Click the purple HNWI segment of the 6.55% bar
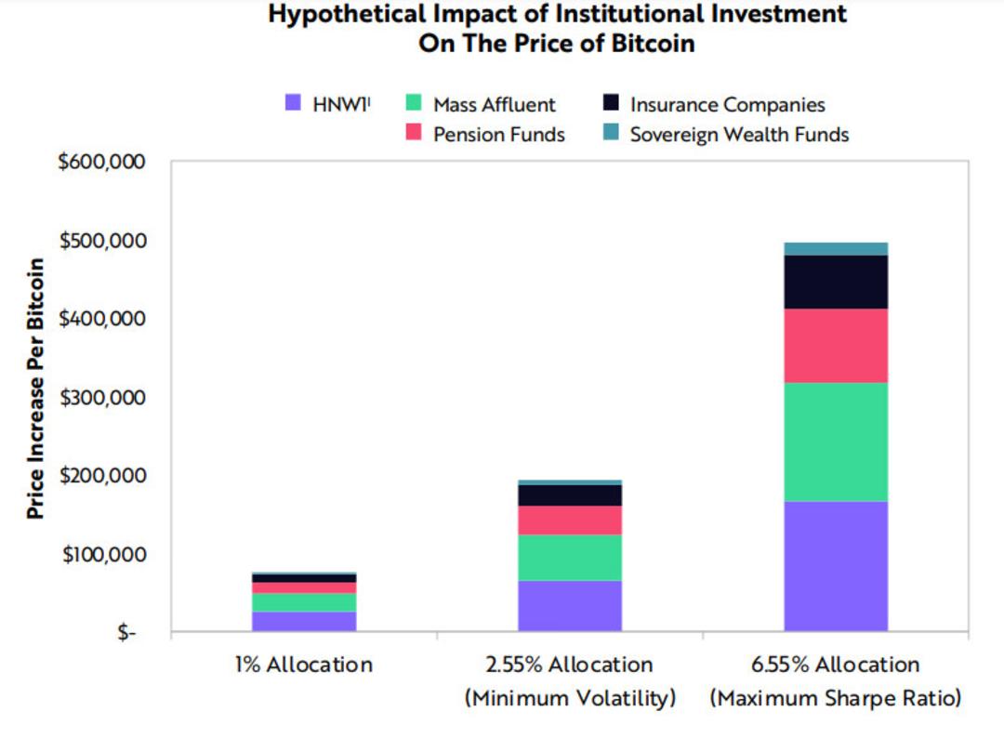[x=836, y=566]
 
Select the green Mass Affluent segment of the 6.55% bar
[x=836, y=441]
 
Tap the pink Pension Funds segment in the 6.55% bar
[x=836, y=346]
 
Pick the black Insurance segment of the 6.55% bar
[x=836, y=283]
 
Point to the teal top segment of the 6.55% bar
[x=836, y=249]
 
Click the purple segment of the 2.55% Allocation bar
[x=570, y=605]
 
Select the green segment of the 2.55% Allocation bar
[x=570, y=558]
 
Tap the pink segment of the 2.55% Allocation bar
[x=570, y=521]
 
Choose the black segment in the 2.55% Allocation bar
[x=570, y=495]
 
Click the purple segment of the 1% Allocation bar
[x=304, y=622]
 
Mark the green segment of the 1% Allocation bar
[x=304, y=602]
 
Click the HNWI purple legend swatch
[x=293, y=102]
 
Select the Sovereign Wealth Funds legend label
[x=739, y=135]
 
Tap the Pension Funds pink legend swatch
[x=414, y=133]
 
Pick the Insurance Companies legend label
[x=727, y=104]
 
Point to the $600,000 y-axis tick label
[x=102, y=162]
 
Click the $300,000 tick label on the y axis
[x=102, y=398]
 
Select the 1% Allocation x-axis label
[x=303, y=665]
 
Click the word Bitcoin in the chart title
[x=654, y=44]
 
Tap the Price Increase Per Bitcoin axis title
[x=36, y=389]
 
